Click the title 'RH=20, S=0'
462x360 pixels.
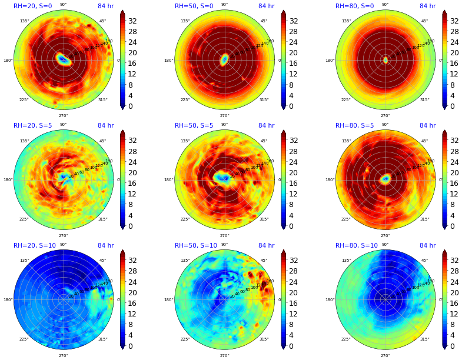coord(32,6)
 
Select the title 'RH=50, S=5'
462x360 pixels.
coord(194,126)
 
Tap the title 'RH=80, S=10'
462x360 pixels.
coord(356,246)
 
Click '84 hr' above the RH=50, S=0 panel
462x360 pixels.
coord(266,6)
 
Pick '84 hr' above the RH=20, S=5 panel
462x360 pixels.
coord(106,126)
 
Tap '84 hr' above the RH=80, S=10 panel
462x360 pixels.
coord(427,246)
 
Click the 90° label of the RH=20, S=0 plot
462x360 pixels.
coord(63,5)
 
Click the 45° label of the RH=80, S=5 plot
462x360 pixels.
coord(424,141)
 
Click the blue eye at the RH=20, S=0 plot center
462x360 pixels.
coord(63,59)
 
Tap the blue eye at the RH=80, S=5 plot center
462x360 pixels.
coord(385,178)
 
